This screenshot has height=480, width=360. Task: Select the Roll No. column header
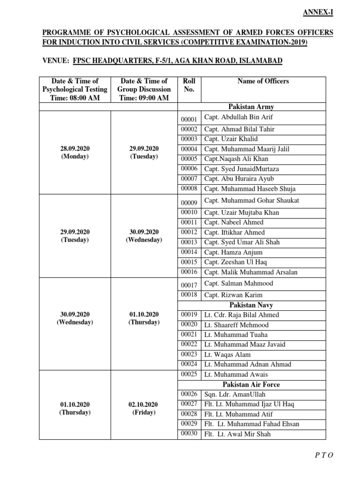tap(189, 85)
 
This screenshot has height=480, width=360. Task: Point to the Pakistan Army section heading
tap(255, 107)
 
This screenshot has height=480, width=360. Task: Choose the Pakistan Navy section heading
tap(255, 305)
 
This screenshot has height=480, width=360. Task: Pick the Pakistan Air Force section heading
tap(255, 384)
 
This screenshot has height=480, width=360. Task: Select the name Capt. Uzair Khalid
tap(231, 139)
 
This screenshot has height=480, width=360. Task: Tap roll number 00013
tap(189, 242)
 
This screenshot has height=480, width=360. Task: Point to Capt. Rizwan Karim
tap(233, 295)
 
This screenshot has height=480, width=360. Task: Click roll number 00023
tap(189, 354)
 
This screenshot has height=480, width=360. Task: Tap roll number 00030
tap(189, 434)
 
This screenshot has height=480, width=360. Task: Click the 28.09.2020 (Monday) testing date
tap(75, 152)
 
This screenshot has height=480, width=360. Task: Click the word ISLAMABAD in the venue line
tap(255, 62)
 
